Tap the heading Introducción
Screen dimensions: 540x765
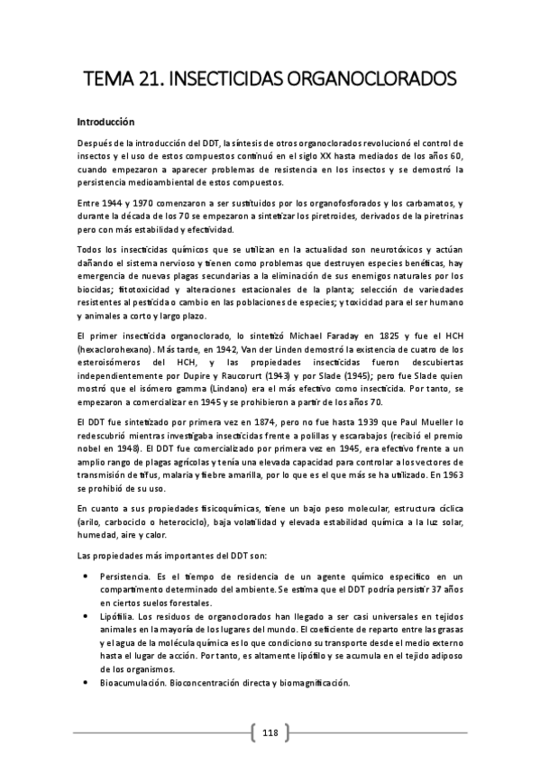[x=105, y=120]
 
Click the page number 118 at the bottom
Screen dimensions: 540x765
[x=270, y=733]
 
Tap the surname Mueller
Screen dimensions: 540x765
[x=436, y=424]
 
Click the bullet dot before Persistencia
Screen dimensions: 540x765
[x=85, y=575]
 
